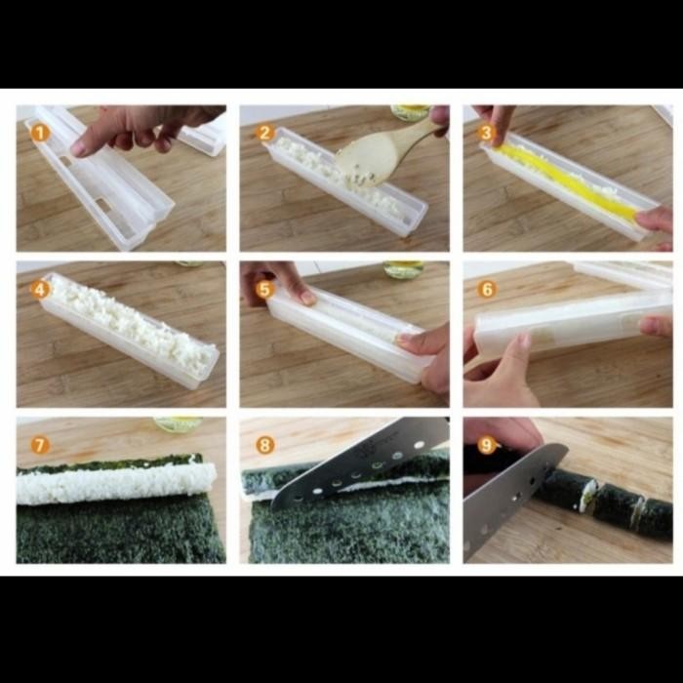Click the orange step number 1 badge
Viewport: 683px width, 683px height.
pos(39,133)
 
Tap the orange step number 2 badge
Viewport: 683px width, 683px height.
pos(263,133)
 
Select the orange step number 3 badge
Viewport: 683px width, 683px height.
pos(487,133)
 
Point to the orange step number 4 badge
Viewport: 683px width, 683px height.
pos(39,289)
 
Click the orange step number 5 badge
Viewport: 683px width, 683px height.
pos(263,289)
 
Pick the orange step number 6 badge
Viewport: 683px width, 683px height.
pos(487,289)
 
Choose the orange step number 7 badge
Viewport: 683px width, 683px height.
pos(39,445)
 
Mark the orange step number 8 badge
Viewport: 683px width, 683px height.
pos(263,445)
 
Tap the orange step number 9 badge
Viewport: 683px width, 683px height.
pos(487,445)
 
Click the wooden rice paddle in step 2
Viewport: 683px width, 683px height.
pos(381,156)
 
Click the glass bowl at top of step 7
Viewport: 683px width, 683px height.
pos(177,424)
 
